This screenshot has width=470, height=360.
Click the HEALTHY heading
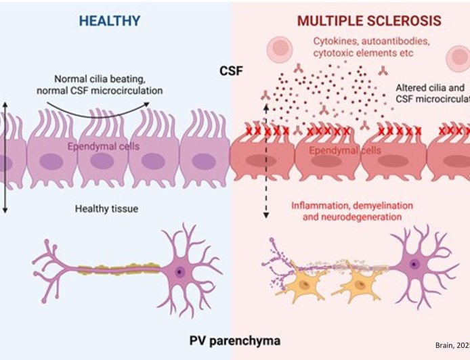(x=109, y=20)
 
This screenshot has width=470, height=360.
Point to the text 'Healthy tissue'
(x=106, y=208)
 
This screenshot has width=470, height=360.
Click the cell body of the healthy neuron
(x=179, y=271)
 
